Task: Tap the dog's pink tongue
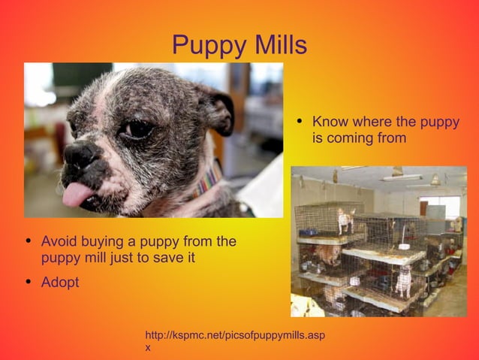[77, 195]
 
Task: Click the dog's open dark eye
[138, 129]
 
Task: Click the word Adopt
[59, 283]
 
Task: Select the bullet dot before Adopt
[29, 283]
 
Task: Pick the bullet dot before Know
[300, 122]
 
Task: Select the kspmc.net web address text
[234, 334]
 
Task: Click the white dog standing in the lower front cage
[404, 281]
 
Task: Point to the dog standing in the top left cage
[345, 219]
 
